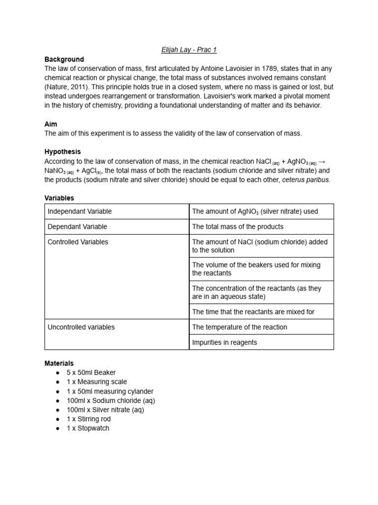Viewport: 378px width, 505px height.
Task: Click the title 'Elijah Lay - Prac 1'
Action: coord(189,50)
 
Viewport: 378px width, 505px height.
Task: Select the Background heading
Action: coord(64,59)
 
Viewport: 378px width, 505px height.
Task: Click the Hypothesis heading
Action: coord(63,152)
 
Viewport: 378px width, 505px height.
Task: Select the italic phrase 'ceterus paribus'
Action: coord(305,180)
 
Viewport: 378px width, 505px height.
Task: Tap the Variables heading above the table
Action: coord(59,198)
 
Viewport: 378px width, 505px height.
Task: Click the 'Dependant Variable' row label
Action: coord(77,227)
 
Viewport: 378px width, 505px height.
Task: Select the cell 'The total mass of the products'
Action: coord(238,227)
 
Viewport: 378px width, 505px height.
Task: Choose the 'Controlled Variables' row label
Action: coord(78,242)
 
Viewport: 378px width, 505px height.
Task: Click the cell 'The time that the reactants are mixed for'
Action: coord(253,312)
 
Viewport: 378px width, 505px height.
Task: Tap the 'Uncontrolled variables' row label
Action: coord(81,327)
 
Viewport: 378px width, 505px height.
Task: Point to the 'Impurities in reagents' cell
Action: coord(224,342)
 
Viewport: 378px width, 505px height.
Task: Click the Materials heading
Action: coord(59,363)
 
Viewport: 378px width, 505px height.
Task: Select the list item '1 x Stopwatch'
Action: coord(88,428)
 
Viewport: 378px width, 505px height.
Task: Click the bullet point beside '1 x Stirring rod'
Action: coord(58,419)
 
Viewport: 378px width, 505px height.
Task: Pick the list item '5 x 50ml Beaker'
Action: coord(91,373)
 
